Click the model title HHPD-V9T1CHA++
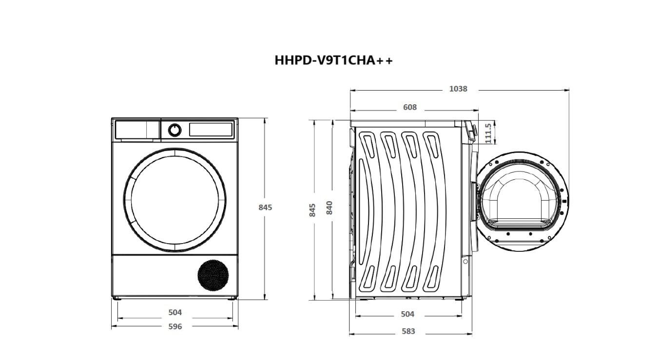(x=333, y=60)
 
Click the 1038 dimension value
(x=458, y=89)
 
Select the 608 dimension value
(x=410, y=107)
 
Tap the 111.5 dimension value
(x=488, y=133)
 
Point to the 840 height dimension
(x=329, y=208)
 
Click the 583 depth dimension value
(x=408, y=331)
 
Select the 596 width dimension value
(x=175, y=326)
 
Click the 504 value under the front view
(x=175, y=312)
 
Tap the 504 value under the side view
(x=407, y=314)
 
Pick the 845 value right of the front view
(x=265, y=207)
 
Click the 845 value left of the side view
(x=313, y=209)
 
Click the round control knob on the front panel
(x=174, y=130)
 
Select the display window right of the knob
(x=211, y=130)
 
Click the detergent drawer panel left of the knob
(x=137, y=130)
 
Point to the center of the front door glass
(x=178, y=200)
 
